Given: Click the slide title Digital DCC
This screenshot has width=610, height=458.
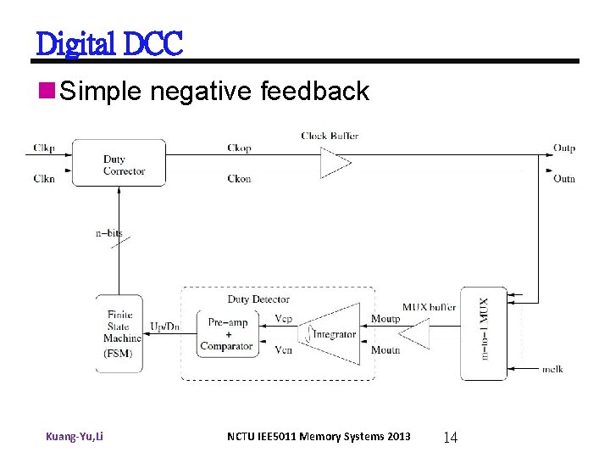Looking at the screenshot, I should click(x=109, y=42).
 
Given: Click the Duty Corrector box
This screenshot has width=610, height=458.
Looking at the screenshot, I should click(x=119, y=163).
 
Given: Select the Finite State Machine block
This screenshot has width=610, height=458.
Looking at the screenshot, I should click(x=119, y=333).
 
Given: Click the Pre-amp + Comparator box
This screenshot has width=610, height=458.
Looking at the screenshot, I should click(x=226, y=333).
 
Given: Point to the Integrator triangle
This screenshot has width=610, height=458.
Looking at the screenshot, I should click(x=330, y=333).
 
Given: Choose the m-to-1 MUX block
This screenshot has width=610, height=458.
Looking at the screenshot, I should click(x=483, y=333).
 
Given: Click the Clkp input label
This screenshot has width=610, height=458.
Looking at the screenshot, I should click(x=45, y=148).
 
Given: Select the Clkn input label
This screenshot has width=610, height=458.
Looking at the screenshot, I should click(x=45, y=178).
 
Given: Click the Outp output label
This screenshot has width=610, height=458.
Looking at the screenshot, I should click(x=564, y=148).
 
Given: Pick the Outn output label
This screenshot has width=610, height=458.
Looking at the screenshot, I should click(x=564, y=178).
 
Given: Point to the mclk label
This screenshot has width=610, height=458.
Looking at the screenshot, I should click(x=552, y=369).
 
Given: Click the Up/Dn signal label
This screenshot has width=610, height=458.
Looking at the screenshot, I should click(x=164, y=327).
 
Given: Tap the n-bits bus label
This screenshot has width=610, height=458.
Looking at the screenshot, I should click(x=108, y=232).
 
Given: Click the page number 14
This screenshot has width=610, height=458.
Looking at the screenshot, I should click(x=450, y=438).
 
